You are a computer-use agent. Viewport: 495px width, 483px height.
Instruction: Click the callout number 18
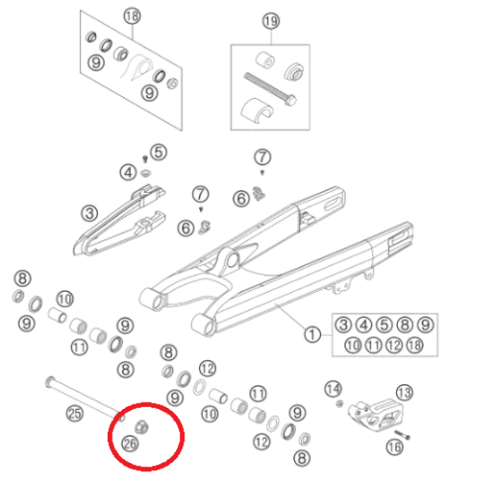tap(133, 16)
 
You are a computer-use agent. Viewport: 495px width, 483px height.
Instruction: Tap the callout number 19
tap(271, 21)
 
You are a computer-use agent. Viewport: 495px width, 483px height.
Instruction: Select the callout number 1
tap(312, 335)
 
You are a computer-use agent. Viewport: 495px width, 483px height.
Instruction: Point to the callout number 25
tap(74, 414)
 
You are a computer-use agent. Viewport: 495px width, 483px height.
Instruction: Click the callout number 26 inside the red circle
tap(130, 443)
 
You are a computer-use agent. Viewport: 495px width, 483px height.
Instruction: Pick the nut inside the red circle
tap(142, 427)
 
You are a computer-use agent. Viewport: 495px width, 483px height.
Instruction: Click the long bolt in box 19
tap(270, 89)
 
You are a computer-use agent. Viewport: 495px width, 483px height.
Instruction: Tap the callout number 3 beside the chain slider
tap(89, 214)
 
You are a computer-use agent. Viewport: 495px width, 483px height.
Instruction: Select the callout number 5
tap(158, 152)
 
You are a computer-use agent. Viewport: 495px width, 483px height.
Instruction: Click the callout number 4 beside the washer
tap(128, 172)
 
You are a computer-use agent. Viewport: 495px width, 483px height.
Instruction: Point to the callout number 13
tap(404, 393)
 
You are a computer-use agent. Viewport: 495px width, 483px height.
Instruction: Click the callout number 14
tap(333, 389)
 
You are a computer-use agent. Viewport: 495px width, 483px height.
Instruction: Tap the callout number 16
tap(395, 447)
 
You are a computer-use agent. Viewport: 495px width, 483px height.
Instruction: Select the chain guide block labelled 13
tap(375, 415)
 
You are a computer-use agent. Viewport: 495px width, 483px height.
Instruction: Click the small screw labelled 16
tap(402, 435)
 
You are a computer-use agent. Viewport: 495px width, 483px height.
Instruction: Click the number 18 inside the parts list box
tap(415, 345)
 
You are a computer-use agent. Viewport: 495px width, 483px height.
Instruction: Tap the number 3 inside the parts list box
tap(344, 325)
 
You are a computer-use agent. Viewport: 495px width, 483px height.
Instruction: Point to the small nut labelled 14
tap(340, 403)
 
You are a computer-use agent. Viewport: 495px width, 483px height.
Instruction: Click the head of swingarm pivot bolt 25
tap(49, 381)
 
